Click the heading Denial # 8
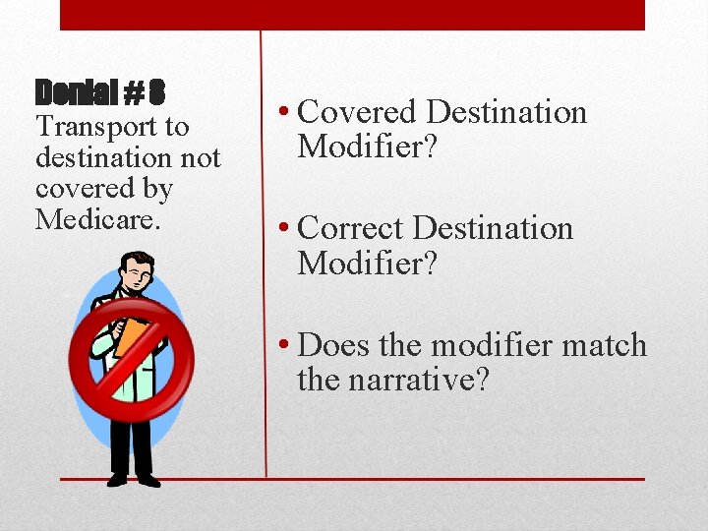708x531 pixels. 99,93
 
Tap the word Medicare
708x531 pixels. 96,218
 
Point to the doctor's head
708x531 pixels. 135,273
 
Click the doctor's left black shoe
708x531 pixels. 118,479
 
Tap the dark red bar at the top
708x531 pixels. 352,15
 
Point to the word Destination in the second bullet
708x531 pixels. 493,228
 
